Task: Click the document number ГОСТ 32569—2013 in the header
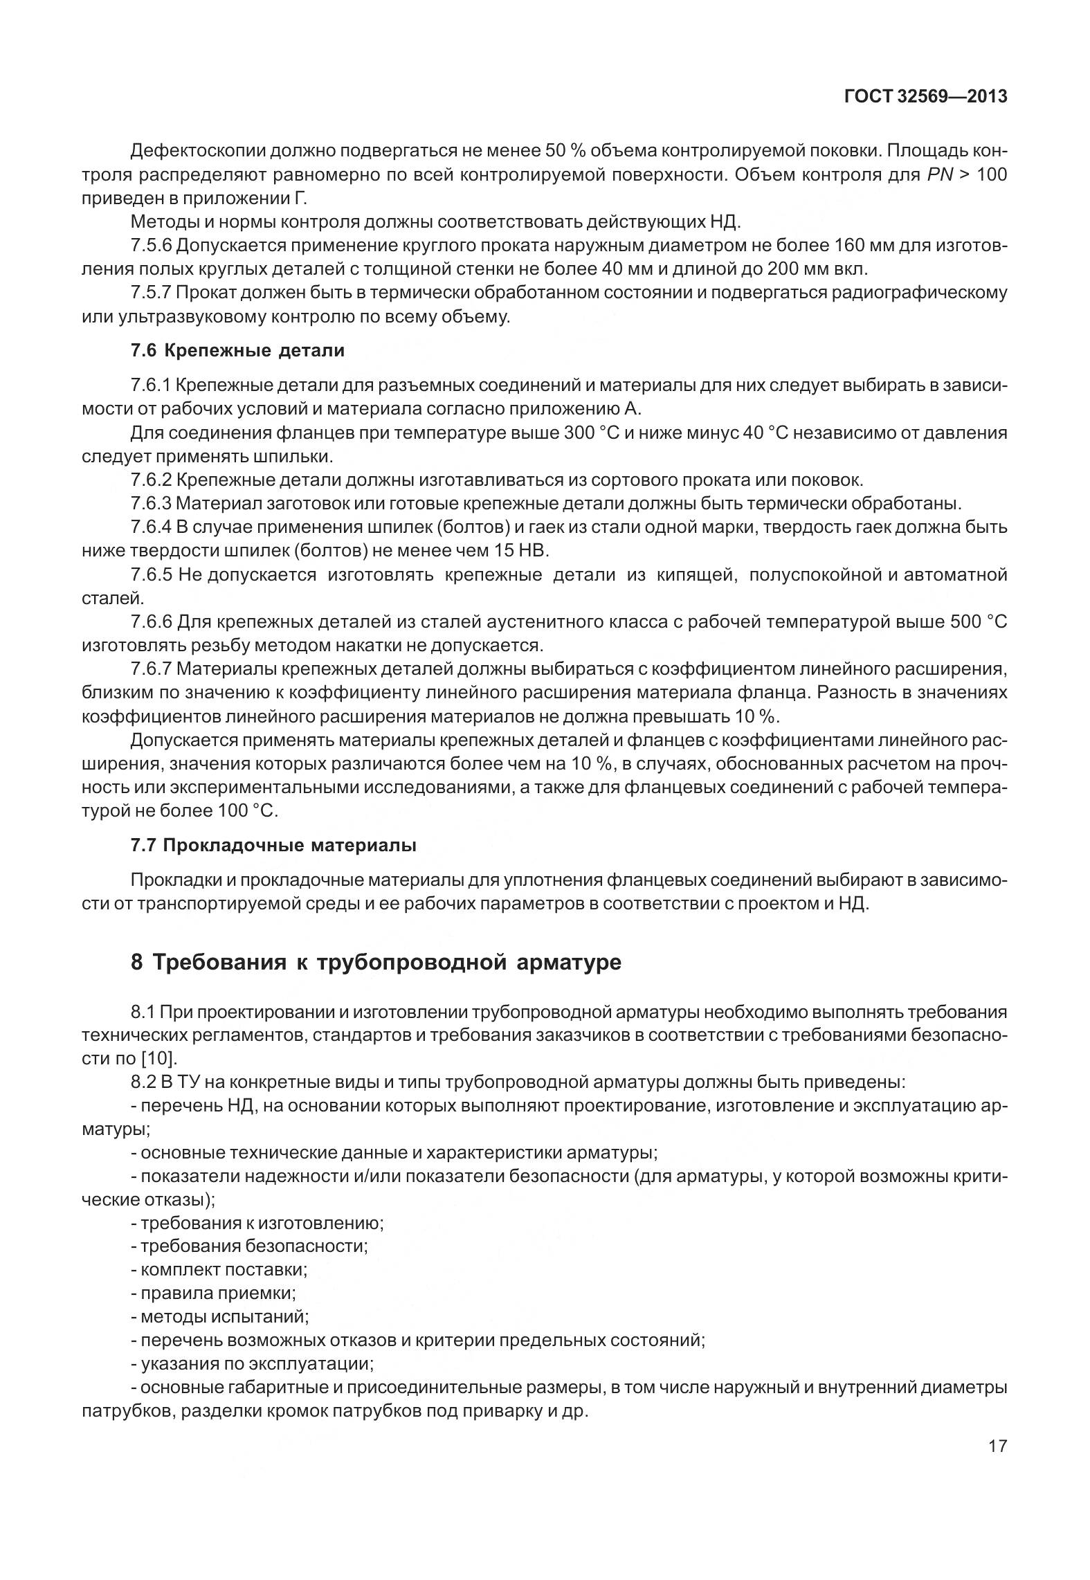click(x=925, y=98)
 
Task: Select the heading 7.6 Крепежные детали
click(x=237, y=351)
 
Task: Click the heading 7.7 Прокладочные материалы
click(x=273, y=845)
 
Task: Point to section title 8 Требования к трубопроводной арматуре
click(x=376, y=963)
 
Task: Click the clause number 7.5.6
click(x=151, y=246)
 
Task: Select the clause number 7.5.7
click(x=151, y=293)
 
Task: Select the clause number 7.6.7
click(x=151, y=669)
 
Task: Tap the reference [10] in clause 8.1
click(x=160, y=1058)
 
